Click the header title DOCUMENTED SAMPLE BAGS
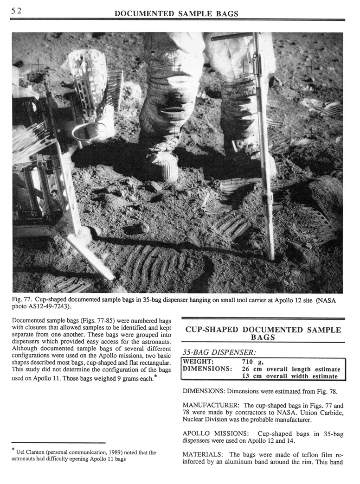[x=179, y=14]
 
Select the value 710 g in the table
[x=253, y=362]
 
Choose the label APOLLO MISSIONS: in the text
[x=213, y=434]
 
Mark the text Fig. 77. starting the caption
[x=23, y=300]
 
